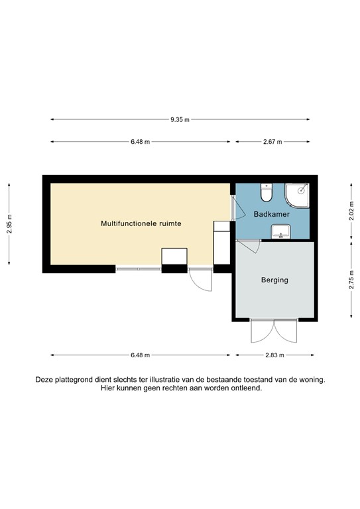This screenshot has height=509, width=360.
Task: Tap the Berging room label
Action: click(274, 280)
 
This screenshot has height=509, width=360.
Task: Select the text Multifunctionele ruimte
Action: click(141, 224)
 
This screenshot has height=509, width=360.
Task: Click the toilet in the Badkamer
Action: click(267, 194)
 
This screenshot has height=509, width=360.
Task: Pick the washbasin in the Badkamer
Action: click(280, 231)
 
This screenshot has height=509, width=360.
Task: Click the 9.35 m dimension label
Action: click(180, 120)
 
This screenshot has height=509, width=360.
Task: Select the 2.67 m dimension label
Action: click(272, 142)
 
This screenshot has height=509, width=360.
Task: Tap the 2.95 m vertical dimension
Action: click(9, 225)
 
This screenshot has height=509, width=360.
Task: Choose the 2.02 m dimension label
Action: click(351, 211)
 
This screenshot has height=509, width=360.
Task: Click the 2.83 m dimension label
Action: click(274, 355)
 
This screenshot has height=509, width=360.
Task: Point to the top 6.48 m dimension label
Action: click(140, 142)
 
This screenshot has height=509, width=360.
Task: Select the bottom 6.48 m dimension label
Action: click(140, 355)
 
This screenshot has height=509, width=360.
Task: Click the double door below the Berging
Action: click(274, 331)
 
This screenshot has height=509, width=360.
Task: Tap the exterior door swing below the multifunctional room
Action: click(200, 280)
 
